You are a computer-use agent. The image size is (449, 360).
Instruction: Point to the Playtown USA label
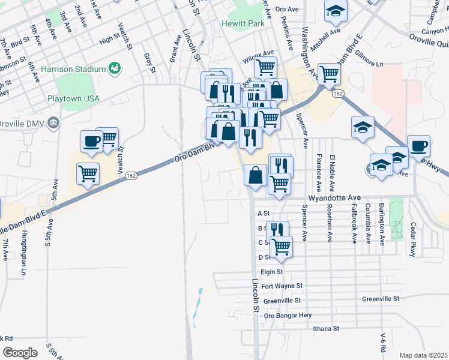tap(73, 98)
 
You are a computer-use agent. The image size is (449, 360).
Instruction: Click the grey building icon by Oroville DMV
tap(54, 123)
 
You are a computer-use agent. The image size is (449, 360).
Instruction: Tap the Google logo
tap(20, 353)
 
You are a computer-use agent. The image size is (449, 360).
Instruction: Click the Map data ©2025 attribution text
tap(423, 355)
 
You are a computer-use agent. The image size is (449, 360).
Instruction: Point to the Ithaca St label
tap(326, 329)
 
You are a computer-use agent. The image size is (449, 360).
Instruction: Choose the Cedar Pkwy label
tap(412, 240)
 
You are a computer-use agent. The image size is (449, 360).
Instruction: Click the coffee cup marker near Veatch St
tap(91, 141)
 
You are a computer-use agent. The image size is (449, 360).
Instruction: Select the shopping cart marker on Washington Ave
tap(329, 74)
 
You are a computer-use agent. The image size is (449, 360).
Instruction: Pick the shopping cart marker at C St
tap(281, 245)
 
